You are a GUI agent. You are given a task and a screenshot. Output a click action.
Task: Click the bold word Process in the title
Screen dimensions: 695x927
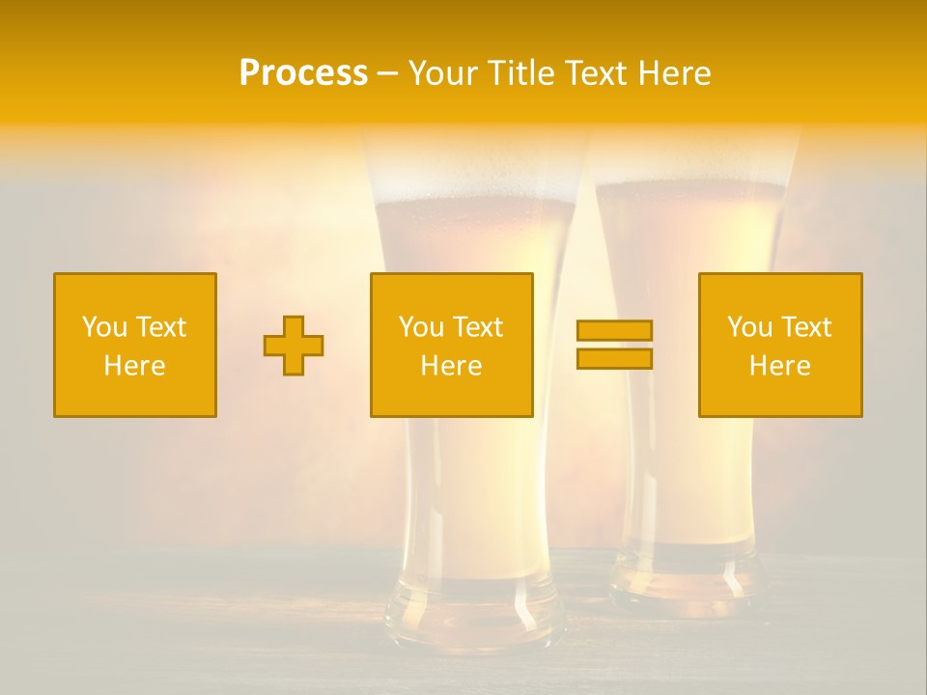click(303, 73)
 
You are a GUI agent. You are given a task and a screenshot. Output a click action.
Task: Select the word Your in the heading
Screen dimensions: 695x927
click(443, 73)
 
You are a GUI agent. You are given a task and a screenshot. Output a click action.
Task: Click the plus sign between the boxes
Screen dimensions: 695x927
click(294, 346)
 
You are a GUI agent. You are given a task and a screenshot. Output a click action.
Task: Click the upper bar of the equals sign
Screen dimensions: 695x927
click(614, 330)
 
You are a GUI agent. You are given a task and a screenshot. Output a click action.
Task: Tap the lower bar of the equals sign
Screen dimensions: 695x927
click(614, 359)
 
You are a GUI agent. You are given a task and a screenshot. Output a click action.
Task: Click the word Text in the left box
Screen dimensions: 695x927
click(160, 327)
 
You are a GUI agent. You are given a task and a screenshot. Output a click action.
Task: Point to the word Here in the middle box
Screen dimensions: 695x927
click(451, 366)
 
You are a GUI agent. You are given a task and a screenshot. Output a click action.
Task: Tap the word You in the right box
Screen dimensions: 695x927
click(750, 327)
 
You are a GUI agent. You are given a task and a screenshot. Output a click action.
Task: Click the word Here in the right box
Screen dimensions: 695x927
click(780, 366)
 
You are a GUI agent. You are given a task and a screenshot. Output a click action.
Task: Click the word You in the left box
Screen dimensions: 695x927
click(104, 327)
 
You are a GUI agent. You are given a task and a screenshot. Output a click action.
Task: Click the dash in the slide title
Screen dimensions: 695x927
click(388, 74)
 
